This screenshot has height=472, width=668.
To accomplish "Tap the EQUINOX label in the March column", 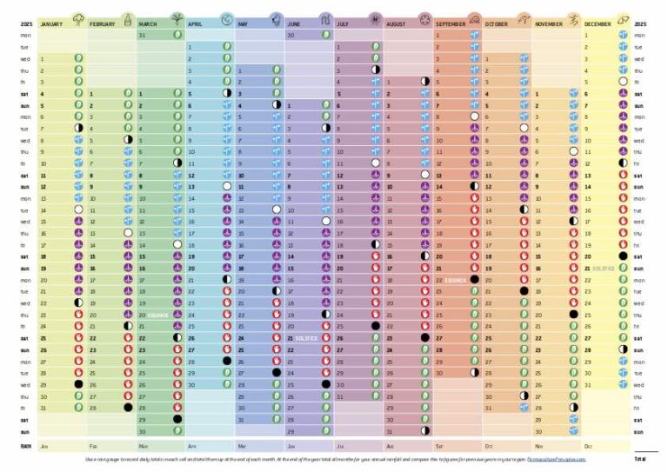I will tap(158, 315).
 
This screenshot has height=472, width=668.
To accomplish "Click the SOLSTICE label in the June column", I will tap(308, 337).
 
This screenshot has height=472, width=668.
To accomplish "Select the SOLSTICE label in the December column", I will tap(605, 269).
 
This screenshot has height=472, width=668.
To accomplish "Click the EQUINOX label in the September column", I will tap(456, 281).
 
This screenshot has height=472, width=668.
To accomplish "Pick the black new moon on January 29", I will tap(78, 383).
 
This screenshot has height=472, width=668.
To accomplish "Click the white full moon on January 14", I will tap(78, 210).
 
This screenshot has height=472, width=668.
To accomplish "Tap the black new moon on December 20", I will tap(623, 256).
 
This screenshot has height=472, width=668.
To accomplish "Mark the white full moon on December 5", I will tap(623, 81).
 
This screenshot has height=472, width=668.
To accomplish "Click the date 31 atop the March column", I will tap(142, 35).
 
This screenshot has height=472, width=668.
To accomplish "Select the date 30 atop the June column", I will tap(291, 35).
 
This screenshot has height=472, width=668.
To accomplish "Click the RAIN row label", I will tap(25, 445).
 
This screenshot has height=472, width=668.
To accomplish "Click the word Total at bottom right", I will tap(641, 458).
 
